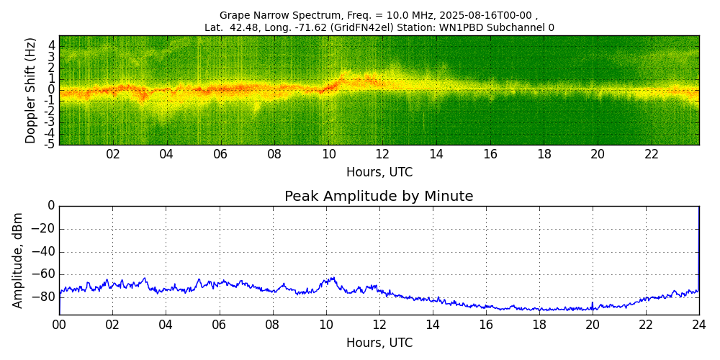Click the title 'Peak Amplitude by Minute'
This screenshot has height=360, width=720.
click(x=379, y=197)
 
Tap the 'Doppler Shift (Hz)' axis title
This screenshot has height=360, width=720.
click(x=30, y=90)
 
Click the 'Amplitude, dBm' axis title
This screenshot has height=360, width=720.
click(x=19, y=260)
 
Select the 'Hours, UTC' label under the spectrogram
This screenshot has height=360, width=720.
click(x=379, y=173)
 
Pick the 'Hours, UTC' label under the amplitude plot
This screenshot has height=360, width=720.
click(x=379, y=343)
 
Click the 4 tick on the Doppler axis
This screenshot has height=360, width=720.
click(x=51, y=45)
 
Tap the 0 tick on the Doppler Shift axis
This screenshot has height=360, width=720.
click(x=51, y=89)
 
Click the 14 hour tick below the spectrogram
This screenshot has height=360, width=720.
click(x=436, y=154)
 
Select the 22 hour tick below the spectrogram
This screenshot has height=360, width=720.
click(x=651, y=154)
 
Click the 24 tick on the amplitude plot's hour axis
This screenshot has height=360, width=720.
click(x=699, y=325)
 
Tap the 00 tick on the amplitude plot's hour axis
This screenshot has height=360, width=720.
click(x=59, y=325)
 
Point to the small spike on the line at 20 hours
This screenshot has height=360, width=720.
click(x=593, y=303)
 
